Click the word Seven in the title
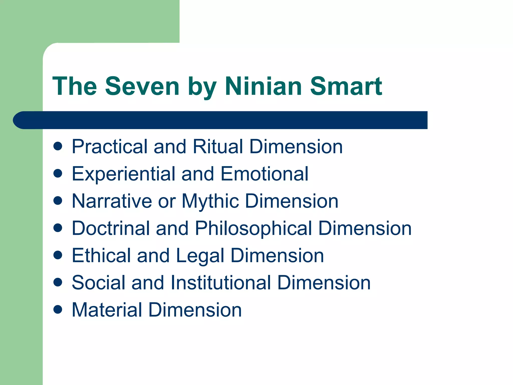[142, 86]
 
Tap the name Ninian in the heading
[263, 86]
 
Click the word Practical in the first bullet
[109, 147]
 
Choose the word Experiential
[123, 174]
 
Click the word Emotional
[264, 174]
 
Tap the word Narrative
[112, 201]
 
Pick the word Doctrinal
[111, 228]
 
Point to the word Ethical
[101, 256]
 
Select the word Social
[98, 283]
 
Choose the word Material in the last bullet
[107, 310]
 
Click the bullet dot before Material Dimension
[58, 310]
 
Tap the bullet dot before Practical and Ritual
[58, 146]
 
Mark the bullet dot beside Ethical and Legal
[58, 255]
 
